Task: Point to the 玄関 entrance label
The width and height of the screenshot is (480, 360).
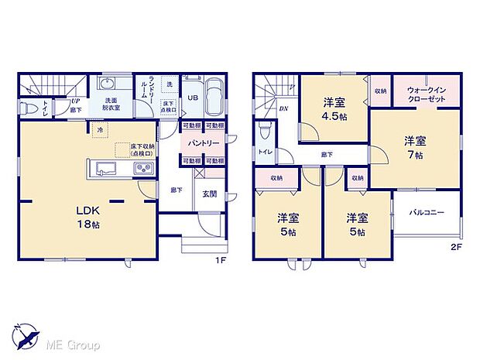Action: point(210,194)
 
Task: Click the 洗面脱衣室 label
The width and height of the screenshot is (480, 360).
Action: point(107,105)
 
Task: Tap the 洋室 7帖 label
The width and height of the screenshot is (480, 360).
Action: point(413,148)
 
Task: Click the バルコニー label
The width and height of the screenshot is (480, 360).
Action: point(427,211)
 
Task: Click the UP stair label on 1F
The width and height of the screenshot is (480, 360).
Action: point(76,101)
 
